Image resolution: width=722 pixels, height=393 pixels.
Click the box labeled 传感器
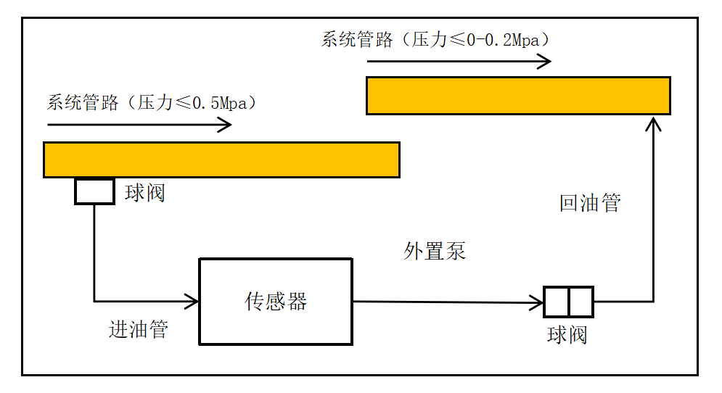tap(276, 301)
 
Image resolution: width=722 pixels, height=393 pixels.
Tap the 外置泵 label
tap(435, 251)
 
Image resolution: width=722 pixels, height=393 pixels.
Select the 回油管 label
tap(590, 203)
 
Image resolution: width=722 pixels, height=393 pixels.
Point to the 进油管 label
tap(139, 330)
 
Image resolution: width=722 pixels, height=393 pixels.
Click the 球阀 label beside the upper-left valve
tap(145, 193)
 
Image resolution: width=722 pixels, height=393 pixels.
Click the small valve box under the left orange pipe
tap(94, 191)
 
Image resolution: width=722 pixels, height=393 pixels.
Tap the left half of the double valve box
tap(557, 302)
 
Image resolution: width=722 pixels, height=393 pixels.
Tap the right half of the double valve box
tap(581, 302)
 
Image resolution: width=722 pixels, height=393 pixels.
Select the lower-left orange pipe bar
tap(221, 160)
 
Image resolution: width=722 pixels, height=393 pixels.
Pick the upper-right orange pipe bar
tap(517, 96)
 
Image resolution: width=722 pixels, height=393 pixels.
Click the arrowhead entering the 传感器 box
tap(192, 300)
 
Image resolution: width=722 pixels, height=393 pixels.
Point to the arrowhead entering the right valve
tap(538, 302)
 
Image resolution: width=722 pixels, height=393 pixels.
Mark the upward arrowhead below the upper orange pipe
tap(654, 124)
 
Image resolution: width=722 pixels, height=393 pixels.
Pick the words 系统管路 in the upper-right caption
tap(356, 40)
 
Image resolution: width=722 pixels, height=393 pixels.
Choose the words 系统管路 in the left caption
tap(83, 103)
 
